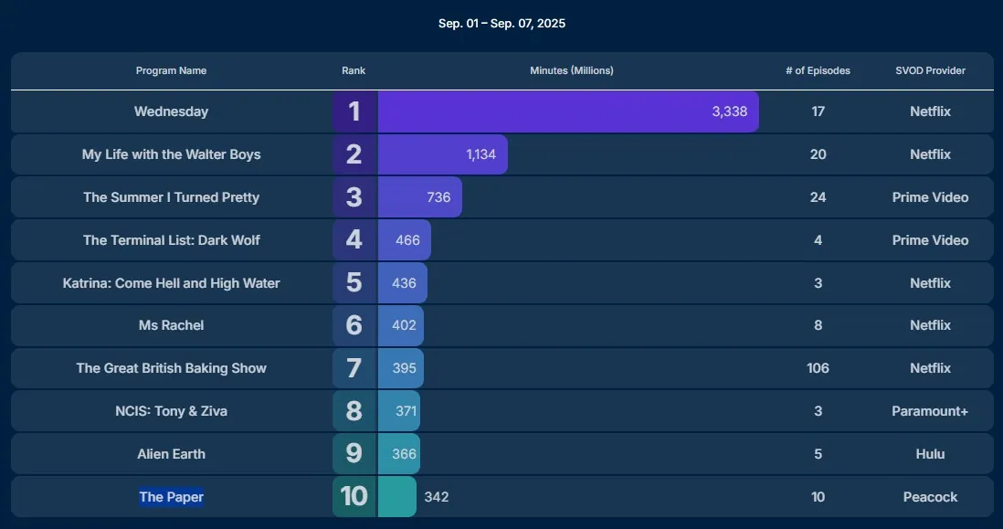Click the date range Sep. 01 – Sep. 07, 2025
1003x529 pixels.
pos(501,24)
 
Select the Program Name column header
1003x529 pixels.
pos(171,71)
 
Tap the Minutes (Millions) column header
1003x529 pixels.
pos(572,71)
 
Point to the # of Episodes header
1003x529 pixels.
pos(818,71)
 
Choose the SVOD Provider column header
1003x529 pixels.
pos(930,71)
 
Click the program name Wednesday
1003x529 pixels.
pos(171,111)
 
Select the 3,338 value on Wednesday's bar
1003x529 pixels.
pos(729,111)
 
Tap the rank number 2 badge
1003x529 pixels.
pos(354,154)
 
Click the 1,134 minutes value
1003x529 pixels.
pos(480,154)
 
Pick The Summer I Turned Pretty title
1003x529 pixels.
pos(171,197)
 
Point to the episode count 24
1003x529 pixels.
pos(818,197)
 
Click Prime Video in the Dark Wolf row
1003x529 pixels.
pos(930,240)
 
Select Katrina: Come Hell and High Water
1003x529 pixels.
pos(171,283)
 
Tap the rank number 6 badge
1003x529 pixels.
pos(354,325)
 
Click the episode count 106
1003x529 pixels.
pos(818,368)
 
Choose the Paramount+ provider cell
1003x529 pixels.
pos(930,411)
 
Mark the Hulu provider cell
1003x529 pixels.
pos(930,454)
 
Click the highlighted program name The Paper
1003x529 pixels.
pos(171,497)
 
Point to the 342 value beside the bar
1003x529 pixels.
pos(436,497)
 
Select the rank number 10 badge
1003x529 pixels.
pos(354,497)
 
